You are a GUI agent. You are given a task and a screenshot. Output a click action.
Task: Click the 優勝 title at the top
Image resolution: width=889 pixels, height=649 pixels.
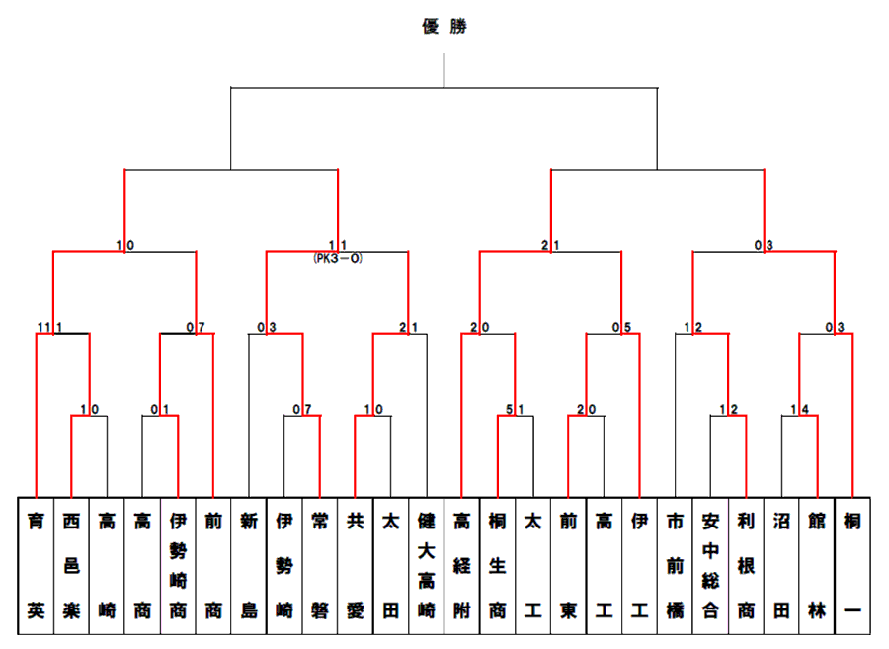point(444,26)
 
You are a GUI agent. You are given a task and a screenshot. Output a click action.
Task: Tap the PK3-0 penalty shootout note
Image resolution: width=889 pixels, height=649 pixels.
point(338,259)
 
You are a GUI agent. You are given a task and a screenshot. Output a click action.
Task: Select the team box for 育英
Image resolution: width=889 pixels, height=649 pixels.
point(36,566)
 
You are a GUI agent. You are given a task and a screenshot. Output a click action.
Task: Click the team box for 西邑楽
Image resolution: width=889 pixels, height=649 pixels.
point(71,566)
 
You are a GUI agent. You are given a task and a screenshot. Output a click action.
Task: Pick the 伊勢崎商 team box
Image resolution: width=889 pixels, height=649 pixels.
point(178,566)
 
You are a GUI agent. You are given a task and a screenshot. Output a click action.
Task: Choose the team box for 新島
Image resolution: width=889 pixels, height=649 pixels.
point(249,566)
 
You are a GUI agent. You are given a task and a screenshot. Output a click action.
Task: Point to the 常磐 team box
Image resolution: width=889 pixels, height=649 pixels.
point(320,566)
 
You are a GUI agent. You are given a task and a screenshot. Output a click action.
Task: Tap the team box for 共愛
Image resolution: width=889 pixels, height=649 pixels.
point(356,566)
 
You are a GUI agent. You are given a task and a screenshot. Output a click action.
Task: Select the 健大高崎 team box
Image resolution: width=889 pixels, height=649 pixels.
point(427,566)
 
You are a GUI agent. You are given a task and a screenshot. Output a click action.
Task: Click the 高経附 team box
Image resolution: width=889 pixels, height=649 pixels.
point(462,566)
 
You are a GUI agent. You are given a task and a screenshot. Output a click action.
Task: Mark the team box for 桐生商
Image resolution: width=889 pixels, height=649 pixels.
point(497,566)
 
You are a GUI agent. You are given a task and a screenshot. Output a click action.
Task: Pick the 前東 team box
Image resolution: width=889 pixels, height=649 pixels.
point(568,566)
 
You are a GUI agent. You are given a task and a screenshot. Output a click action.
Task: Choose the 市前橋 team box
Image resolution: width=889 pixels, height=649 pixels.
point(675,566)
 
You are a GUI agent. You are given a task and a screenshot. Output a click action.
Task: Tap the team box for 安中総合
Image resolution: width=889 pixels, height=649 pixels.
point(710,566)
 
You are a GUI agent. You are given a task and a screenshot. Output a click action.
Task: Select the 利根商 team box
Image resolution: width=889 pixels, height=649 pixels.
point(746,566)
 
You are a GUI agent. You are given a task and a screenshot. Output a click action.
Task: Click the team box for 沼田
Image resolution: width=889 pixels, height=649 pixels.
point(781,566)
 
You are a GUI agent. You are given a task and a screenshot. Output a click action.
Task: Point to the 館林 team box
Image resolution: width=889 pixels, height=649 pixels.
point(817,566)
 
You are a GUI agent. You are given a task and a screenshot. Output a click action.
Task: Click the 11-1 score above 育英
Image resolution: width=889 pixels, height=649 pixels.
point(50,327)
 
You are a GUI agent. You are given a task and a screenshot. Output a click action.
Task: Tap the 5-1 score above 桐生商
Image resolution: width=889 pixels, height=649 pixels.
point(515,409)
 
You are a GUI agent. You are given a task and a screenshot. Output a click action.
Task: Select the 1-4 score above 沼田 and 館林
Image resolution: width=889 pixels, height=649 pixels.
point(800,409)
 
